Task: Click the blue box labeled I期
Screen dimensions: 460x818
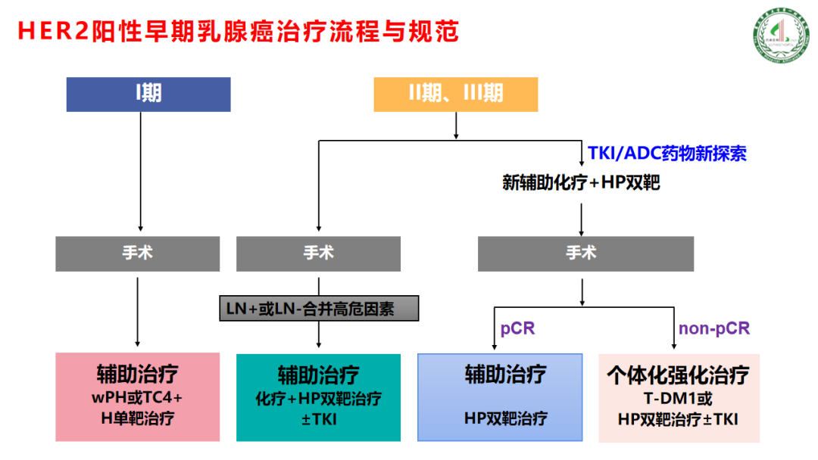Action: (x=148, y=94)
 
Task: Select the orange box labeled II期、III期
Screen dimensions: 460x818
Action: (x=455, y=94)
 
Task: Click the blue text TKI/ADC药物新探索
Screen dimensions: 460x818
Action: (x=667, y=154)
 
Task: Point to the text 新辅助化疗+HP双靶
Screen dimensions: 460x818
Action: (x=581, y=182)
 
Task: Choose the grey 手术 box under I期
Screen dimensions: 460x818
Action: (x=137, y=253)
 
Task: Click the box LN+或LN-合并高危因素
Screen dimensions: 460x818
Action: (x=319, y=308)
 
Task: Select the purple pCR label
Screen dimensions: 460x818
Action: (x=517, y=328)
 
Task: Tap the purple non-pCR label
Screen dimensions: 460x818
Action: (x=713, y=328)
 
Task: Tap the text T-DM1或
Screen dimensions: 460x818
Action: (x=678, y=399)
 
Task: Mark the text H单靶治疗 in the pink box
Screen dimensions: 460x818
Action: (x=137, y=418)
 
